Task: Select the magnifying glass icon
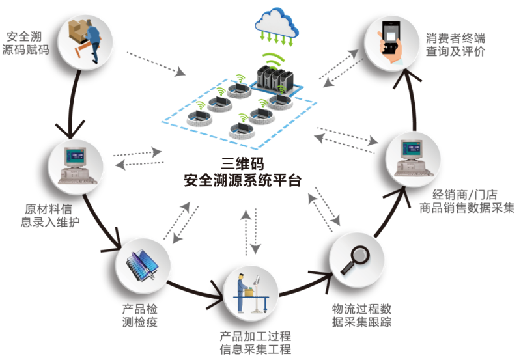click(x=356, y=256)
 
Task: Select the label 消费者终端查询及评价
click(x=456, y=44)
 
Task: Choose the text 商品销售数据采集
click(x=466, y=208)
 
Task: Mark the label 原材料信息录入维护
click(x=51, y=215)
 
